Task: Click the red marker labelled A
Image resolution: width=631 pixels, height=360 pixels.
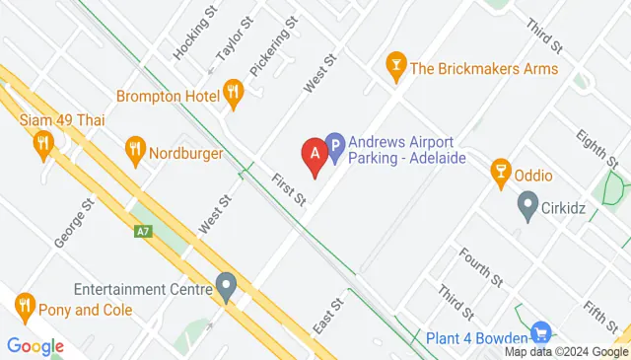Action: click(315, 155)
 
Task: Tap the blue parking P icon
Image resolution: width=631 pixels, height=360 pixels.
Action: click(334, 149)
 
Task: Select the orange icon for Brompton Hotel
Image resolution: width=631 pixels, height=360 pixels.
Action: click(234, 96)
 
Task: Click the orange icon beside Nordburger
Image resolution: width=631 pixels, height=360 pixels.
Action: click(135, 152)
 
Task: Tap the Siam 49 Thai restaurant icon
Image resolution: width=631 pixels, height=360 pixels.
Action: click(42, 145)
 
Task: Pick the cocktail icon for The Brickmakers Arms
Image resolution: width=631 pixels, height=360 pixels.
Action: click(395, 68)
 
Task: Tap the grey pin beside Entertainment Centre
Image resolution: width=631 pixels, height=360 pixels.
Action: click(227, 289)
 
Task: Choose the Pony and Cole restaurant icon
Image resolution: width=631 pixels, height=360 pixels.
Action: click(25, 308)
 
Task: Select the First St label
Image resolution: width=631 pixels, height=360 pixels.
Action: click(288, 187)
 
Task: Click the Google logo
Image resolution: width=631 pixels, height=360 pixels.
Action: click(35, 346)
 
